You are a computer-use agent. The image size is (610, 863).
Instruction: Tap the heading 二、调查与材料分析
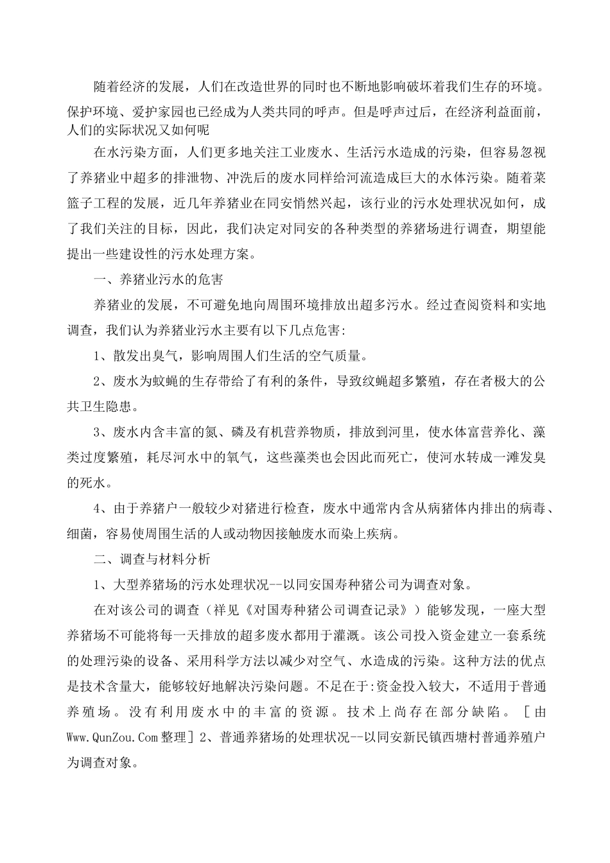coord(152,559)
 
